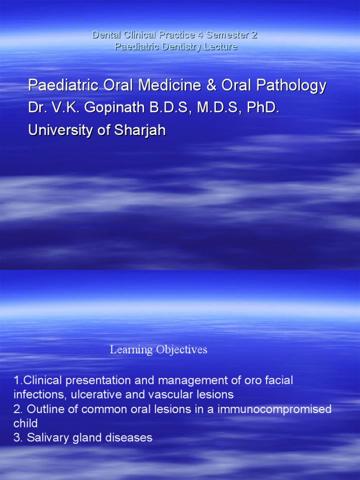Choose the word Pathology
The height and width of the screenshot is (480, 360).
(292, 86)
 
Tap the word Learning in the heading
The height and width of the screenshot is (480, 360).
(131, 350)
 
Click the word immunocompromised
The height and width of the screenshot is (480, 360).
(278, 409)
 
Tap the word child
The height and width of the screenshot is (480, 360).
(26, 423)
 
